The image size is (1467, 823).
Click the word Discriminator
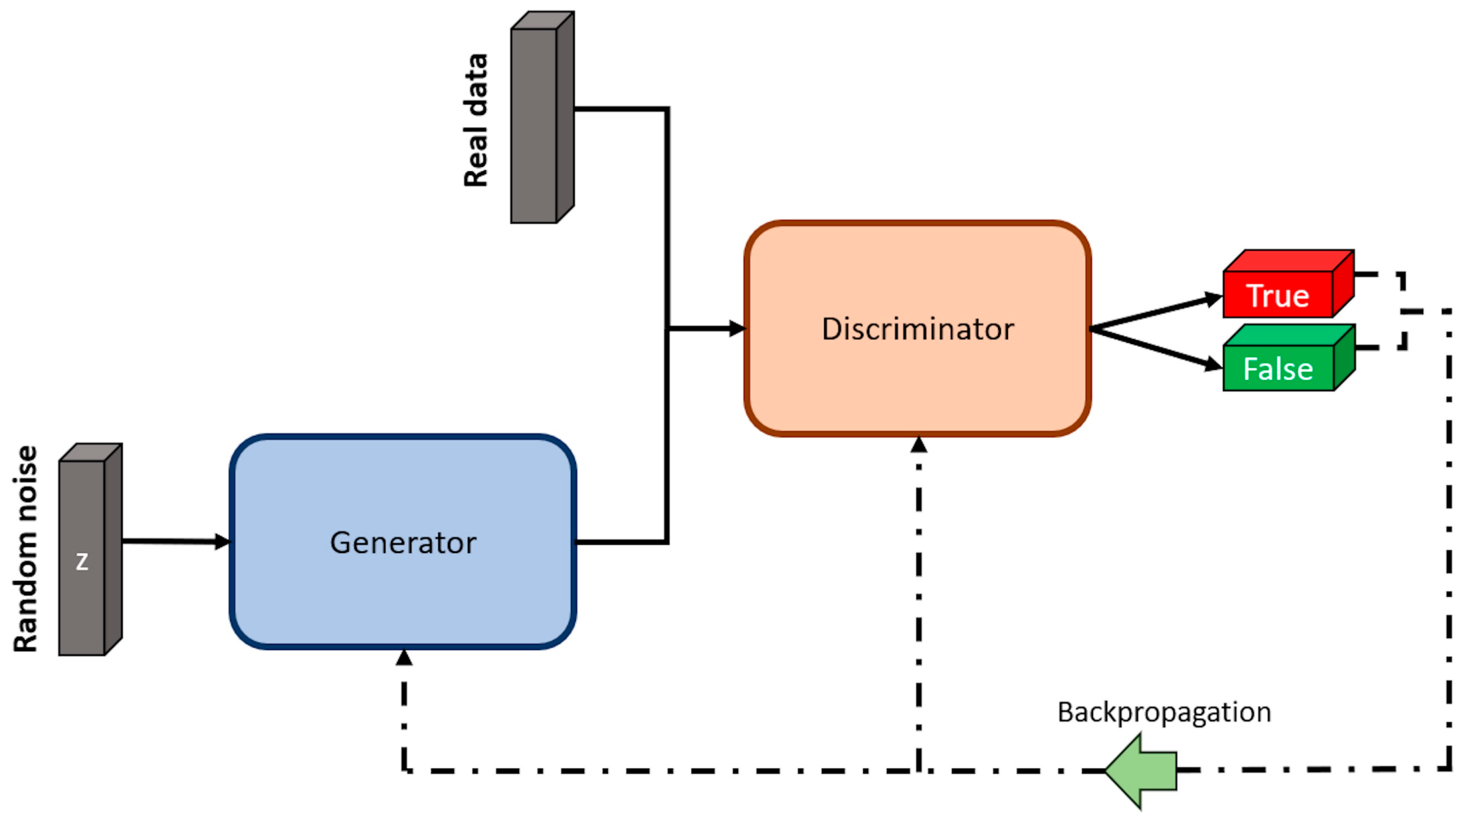pyautogui.click(x=917, y=329)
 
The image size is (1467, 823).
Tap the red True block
pyautogui.click(x=1278, y=294)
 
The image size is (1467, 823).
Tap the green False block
pyautogui.click(x=1278, y=368)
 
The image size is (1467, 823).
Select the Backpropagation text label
pyautogui.click(x=1164, y=712)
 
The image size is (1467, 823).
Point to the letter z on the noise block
pyautogui.click(x=82, y=562)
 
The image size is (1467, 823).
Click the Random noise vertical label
pyautogui.click(x=25, y=549)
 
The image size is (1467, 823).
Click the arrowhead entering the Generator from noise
pyautogui.click(x=222, y=541)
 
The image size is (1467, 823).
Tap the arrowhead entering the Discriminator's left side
pyautogui.click(x=737, y=329)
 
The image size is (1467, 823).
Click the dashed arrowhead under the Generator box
pyautogui.click(x=404, y=658)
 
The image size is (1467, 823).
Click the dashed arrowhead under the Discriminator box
pyautogui.click(x=919, y=445)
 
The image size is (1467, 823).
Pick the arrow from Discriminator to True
pyautogui.click(x=1156, y=312)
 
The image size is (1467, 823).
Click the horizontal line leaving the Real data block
pyautogui.click(x=621, y=108)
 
